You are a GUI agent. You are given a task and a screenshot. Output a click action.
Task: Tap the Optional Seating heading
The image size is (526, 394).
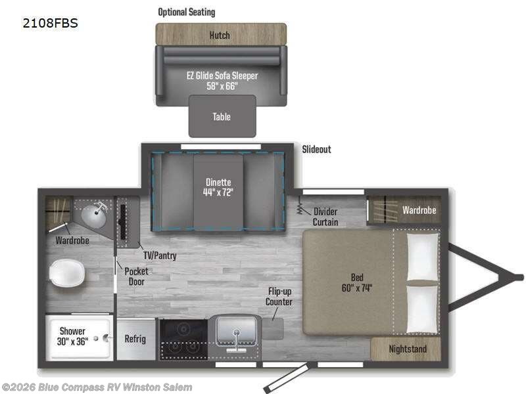coord(186,12)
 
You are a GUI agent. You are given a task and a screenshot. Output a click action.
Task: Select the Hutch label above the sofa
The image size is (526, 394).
coord(220,35)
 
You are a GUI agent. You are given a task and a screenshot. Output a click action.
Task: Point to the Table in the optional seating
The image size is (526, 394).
coord(222,117)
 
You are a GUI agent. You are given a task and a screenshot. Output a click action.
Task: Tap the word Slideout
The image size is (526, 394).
coord(316,150)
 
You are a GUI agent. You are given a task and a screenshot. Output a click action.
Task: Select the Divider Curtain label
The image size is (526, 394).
coord(325,217)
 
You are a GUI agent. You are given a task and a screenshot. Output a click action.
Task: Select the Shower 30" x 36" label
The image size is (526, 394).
coord(72,336)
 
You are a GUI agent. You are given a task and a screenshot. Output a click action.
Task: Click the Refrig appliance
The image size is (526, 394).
coord(135,339)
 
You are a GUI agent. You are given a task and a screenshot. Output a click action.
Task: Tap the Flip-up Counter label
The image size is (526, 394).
coord(279,296)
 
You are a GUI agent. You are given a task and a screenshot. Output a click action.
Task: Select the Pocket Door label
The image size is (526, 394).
coord(136,276)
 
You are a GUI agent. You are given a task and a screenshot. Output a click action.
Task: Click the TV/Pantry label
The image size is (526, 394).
coord(160,254)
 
